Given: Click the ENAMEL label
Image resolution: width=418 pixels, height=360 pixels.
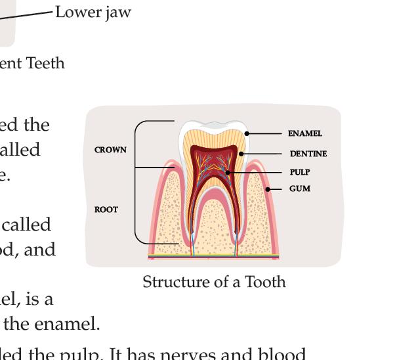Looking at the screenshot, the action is pos(305,133).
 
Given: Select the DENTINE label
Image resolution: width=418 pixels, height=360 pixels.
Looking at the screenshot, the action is pos(308,154).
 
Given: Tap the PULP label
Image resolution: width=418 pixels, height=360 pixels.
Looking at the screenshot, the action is pos(300,172).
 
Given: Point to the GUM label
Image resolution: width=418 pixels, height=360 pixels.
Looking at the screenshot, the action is pos(300,189).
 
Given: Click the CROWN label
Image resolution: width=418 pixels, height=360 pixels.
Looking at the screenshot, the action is pos(110,150).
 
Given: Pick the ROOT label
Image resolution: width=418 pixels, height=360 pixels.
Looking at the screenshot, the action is pos(106,210).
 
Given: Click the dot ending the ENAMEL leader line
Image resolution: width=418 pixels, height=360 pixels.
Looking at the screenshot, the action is pos(247,133).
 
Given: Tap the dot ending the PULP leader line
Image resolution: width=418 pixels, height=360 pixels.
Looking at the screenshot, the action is pos(228,172).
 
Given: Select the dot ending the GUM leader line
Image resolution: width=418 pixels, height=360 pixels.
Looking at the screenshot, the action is pos(268,189).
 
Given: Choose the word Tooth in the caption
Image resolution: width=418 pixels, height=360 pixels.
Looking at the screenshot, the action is pos(266,282).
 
